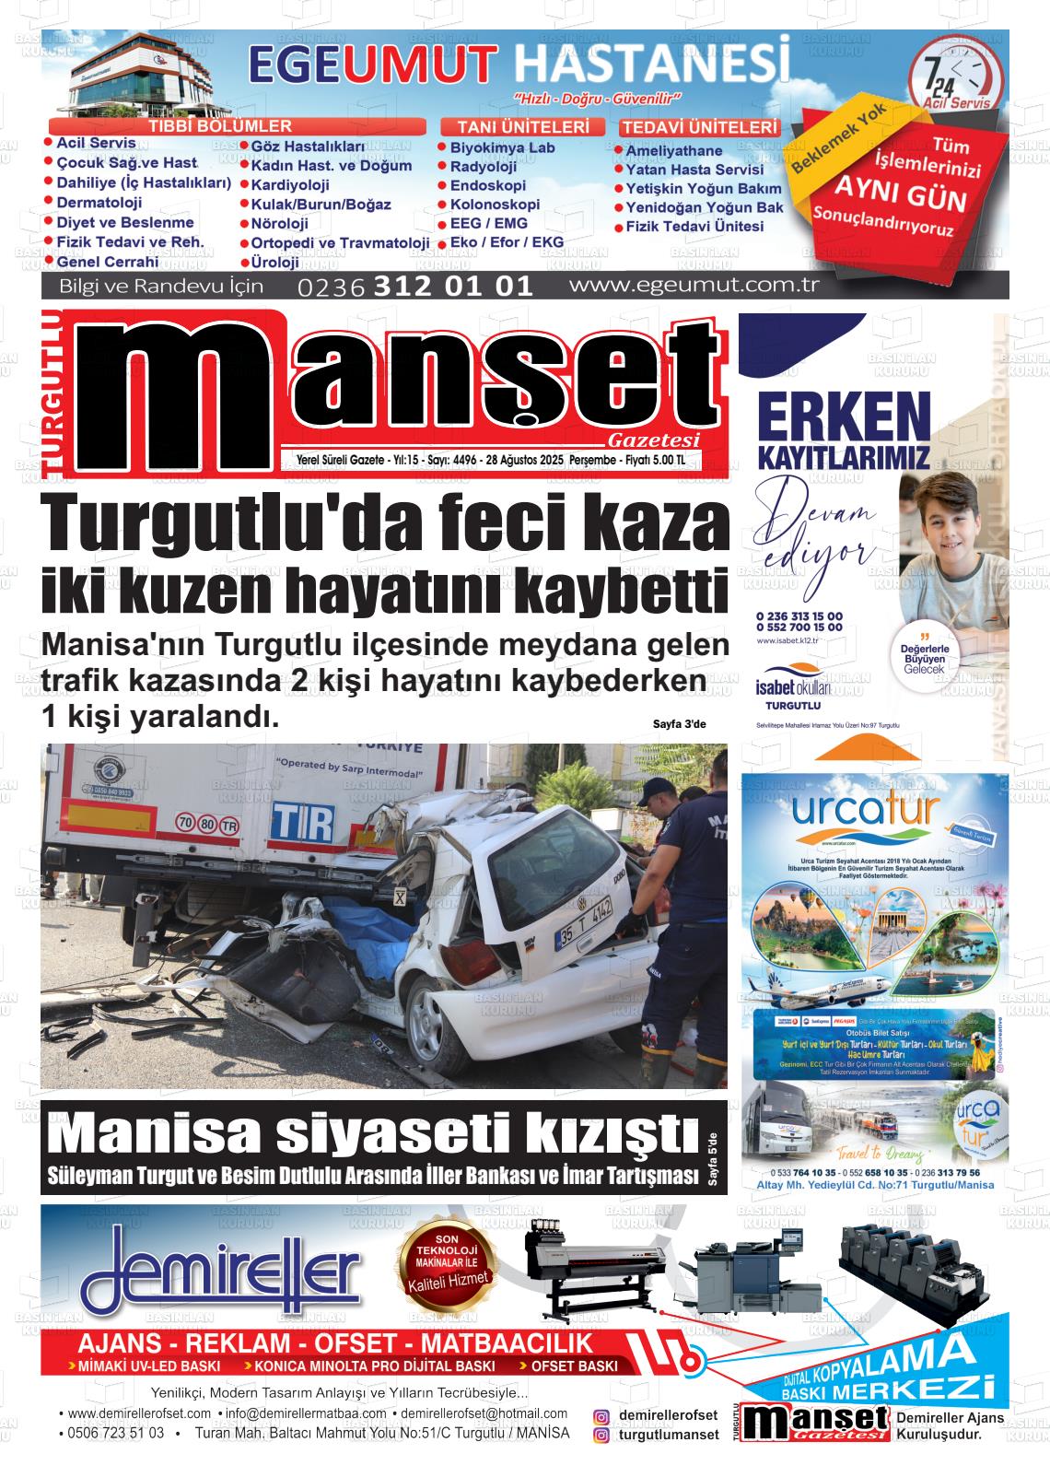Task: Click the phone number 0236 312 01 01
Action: click(x=415, y=286)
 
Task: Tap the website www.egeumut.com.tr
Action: click(x=694, y=284)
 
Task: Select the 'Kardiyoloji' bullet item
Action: click(x=289, y=185)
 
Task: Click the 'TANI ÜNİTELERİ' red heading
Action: click(x=522, y=127)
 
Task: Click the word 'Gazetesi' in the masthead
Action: click(x=654, y=440)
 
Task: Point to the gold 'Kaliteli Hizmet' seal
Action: click(x=447, y=1267)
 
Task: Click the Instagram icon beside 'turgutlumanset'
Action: click(x=601, y=1436)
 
